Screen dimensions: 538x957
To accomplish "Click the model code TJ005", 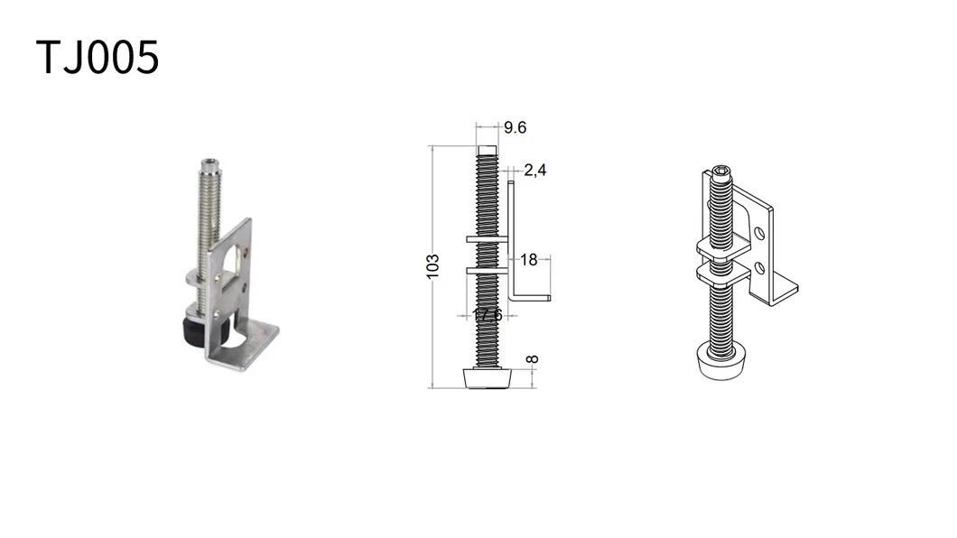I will [x=98, y=58].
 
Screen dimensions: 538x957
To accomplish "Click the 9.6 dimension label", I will [x=515, y=128].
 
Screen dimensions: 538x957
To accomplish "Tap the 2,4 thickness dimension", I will [x=535, y=170].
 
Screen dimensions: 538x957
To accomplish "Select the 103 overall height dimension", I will [x=433, y=266].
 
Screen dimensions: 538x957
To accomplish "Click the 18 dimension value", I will [x=529, y=260].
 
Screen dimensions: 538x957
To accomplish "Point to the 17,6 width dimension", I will [x=488, y=315].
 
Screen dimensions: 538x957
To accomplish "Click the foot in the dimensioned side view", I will [x=487, y=376].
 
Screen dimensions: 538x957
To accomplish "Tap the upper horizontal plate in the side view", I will [x=489, y=239].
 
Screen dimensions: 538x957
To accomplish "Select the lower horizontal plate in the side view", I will [x=489, y=269].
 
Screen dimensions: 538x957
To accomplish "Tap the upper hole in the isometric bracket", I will [x=760, y=233].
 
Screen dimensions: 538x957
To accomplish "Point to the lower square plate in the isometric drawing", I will [x=724, y=272].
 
